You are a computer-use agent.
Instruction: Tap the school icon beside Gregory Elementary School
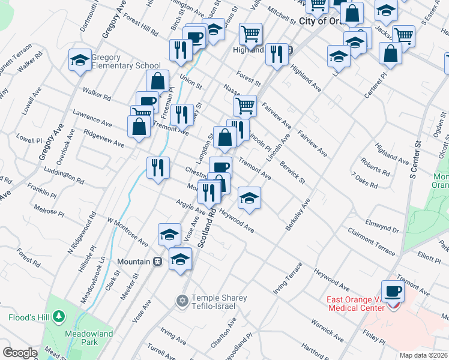coord(80,60)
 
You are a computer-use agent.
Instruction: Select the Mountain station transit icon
coord(158,262)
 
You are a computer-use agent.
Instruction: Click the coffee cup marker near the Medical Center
coord(393,292)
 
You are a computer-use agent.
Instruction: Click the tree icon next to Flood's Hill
coord(58,316)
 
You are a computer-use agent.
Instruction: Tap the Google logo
coord(20,353)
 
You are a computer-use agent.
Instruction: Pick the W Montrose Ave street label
coord(128,231)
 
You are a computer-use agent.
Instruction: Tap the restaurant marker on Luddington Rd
coord(158,167)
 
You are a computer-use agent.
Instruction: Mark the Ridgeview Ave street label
coord(104,139)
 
